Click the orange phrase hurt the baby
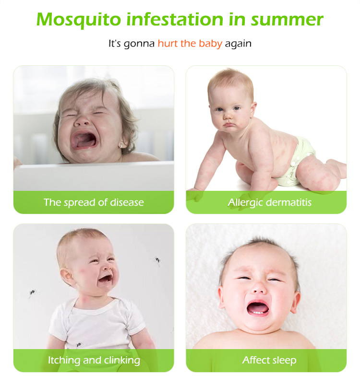[190, 44]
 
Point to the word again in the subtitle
[238, 44]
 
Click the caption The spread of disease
[94, 202]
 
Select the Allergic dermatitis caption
[269, 202]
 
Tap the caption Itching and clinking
[94, 360]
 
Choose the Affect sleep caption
[269, 360]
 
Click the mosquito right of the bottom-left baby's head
[157, 260]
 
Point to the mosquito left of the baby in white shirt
[32, 292]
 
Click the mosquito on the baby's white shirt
[79, 344]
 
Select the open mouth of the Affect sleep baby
[258, 307]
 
